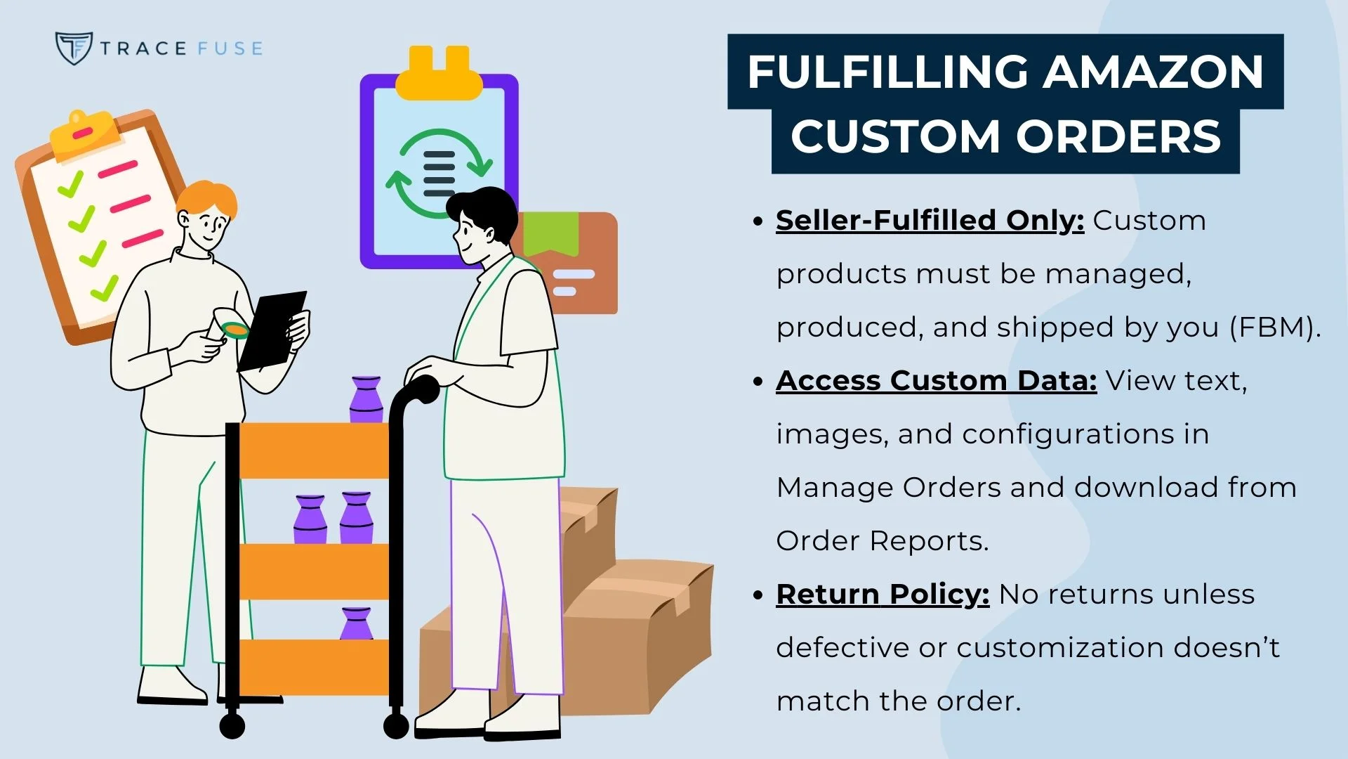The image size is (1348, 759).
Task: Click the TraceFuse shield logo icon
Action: tap(73, 48)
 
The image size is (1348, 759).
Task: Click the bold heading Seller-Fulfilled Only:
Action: tap(930, 221)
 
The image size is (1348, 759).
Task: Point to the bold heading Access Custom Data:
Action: tap(936, 381)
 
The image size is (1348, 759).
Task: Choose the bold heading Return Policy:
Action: tap(883, 595)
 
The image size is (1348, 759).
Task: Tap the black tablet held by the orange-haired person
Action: tap(272, 330)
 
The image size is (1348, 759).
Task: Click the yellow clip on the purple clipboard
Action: tap(439, 74)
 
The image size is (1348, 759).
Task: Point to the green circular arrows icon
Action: tap(440, 173)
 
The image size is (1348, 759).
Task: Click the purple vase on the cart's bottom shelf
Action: tap(356, 623)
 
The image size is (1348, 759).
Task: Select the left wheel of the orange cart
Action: tap(232, 725)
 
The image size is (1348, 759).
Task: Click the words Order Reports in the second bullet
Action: tap(882, 541)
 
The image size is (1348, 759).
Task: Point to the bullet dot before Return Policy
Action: tap(758, 595)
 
